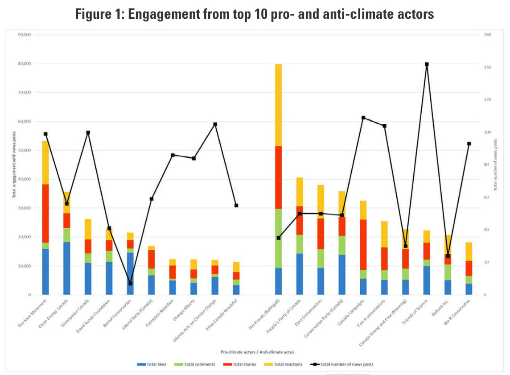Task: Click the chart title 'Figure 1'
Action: (255, 14)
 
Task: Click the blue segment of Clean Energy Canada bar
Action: (66, 268)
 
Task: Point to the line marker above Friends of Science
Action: (427, 64)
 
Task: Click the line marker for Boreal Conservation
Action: (130, 284)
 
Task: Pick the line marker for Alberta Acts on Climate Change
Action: (215, 124)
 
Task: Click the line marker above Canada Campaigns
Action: (363, 118)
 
